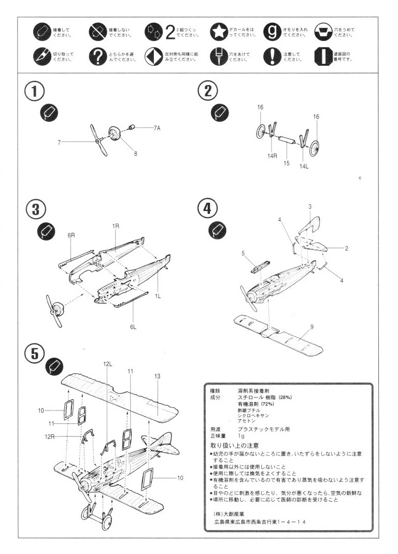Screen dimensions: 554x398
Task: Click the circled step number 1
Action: [34, 92]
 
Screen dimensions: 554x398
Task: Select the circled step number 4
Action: [207, 209]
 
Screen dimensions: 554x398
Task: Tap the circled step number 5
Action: [34, 353]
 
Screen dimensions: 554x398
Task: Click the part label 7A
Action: [157, 127]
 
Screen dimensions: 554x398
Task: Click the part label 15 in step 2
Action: [286, 163]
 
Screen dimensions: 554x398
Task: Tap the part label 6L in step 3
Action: [133, 326]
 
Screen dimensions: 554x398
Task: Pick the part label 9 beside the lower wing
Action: [312, 326]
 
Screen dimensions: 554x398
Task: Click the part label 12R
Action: [49, 436]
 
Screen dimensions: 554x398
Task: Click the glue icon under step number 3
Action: [46, 233]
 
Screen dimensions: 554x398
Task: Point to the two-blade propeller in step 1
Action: [98, 140]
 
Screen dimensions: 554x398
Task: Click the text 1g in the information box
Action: [241, 436]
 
